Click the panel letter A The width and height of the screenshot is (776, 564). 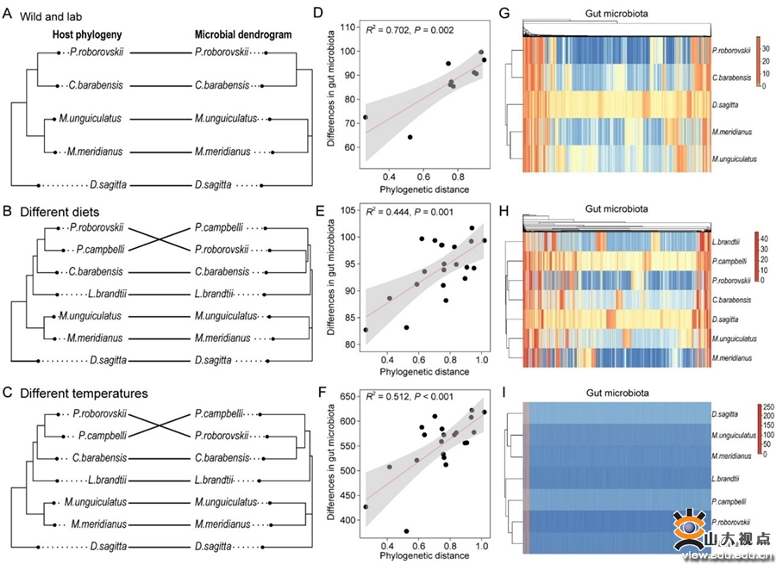(x=8, y=10)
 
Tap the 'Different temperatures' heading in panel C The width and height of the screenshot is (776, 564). (x=87, y=394)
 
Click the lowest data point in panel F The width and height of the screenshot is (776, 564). (x=406, y=531)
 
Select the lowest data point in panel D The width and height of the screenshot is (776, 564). (x=410, y=137)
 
